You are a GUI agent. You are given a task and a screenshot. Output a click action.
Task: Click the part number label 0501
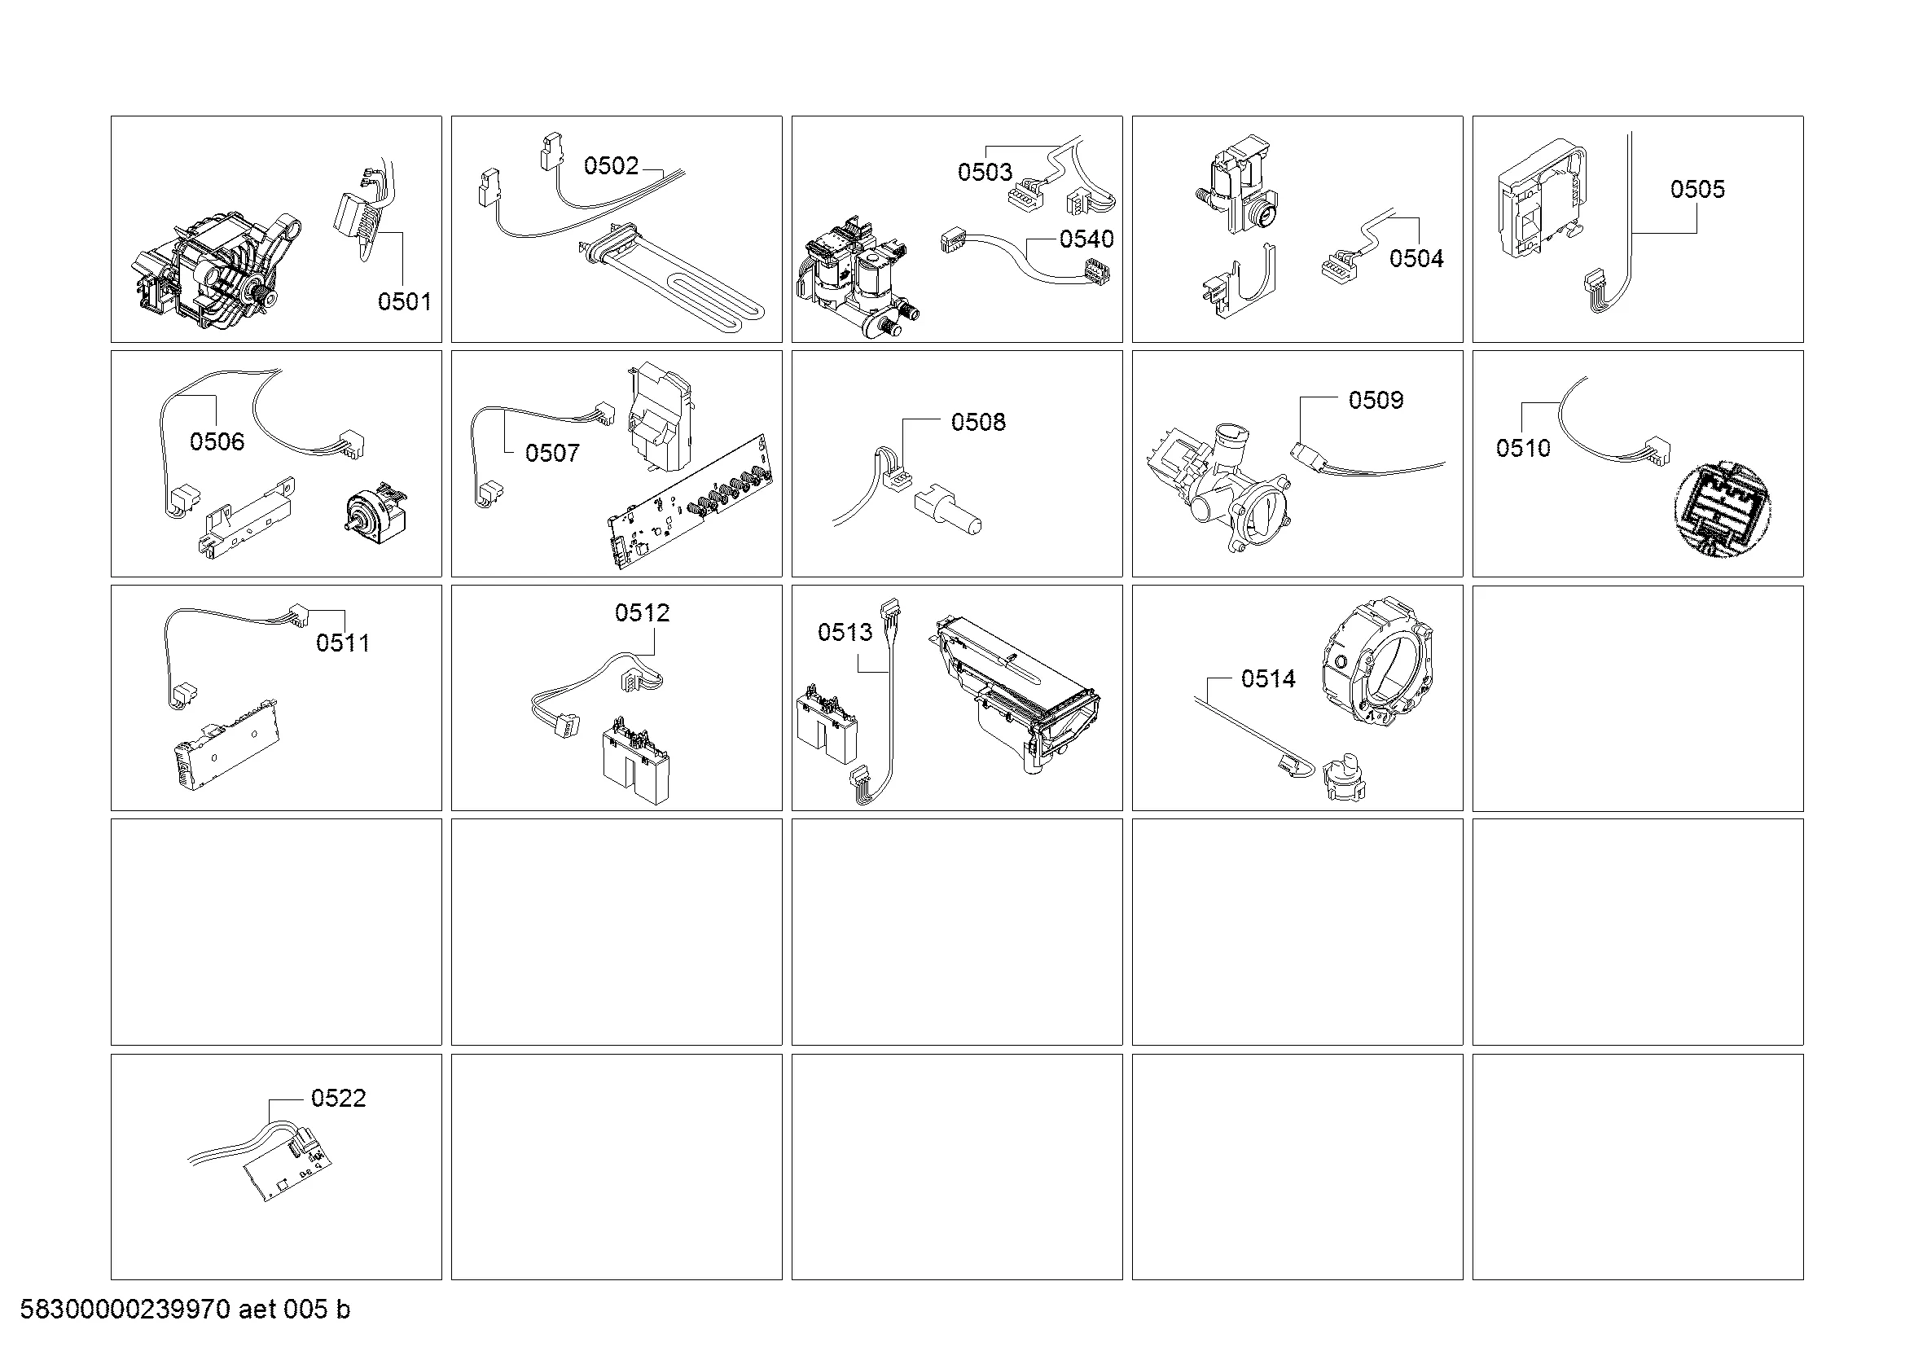pyautogui.click(x=405, y=301)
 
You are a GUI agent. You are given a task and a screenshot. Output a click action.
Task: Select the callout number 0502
pyautogui.click(x=612, y=166)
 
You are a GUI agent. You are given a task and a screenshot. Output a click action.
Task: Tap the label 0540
pyautogui.click(x=1087, y=239)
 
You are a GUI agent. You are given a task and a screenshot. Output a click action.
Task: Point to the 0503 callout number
pyautogui.click(x=985, y=173)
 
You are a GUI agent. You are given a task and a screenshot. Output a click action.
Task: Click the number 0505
pyautogui.click(x=1697, y=189)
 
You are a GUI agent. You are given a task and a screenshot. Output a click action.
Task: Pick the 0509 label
pyautogui.click(x=1376, y=401)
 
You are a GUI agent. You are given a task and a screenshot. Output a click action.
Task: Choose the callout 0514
pyautogui.click(x=1269, y=679)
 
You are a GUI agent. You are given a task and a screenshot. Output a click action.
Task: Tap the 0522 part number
pyautogui.click(x=339, y=1098)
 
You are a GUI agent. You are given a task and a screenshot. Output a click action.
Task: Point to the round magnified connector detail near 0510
pyautogui.click(x=1723, y=509)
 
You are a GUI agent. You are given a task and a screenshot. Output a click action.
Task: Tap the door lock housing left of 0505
pyautogui.click(x=1543, y=207)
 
